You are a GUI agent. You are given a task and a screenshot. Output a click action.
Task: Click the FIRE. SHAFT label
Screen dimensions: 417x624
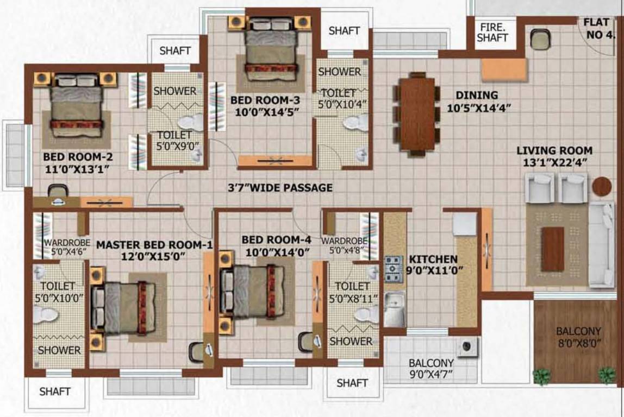point(493,32)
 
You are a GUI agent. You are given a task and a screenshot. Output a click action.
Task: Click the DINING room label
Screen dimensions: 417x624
point(477,95)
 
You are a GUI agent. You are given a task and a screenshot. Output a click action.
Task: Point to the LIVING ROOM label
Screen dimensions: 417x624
point(554,150)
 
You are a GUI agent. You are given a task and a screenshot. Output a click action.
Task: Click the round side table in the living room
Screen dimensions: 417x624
point(602,186)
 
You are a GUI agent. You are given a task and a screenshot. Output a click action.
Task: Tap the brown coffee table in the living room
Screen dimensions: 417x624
point(552,249)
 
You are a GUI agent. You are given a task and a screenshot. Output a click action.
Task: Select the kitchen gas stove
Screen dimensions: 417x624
point(394,269)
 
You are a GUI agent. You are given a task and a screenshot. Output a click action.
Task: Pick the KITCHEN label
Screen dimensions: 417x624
point(433,260)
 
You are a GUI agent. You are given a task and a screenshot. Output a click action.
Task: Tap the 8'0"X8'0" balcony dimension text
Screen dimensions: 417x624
point(578,343)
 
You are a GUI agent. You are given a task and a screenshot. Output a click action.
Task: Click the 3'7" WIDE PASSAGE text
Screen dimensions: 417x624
point(280,188)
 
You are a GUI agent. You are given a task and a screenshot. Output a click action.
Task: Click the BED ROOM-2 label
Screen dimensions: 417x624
point(78,157)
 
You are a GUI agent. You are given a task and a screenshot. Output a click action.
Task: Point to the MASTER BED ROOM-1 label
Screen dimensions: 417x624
point(154,245)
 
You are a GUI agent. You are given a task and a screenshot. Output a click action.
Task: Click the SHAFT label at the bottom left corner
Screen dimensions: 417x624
point(55,391)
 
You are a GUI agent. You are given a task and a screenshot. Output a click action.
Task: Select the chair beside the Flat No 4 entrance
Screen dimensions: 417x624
point(540,39)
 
